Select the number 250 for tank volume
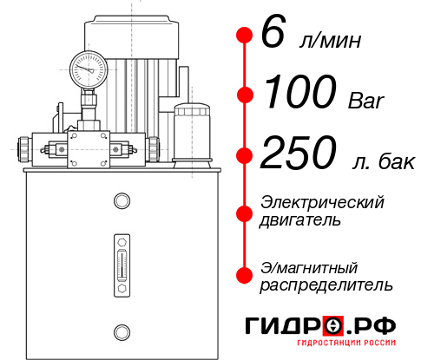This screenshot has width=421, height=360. coord(299,154)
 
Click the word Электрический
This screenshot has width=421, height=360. coord(322,202)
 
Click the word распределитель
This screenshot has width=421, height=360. coord(326,284)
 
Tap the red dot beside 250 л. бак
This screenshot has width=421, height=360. coord(245,156)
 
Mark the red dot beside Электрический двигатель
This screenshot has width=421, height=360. coord(245,212)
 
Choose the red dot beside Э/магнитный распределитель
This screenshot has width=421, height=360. coord(245,275)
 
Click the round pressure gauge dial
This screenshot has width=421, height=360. coord(89,67)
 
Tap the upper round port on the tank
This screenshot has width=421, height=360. coord(121,201)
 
